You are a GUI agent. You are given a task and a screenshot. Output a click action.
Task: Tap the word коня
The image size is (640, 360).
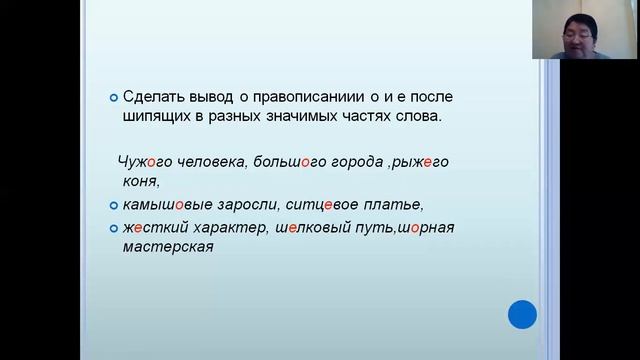pyautogui.click(x=138, y=181)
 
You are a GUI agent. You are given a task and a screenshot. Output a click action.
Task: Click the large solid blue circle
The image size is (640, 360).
pyautogui.click(x=522, y=314)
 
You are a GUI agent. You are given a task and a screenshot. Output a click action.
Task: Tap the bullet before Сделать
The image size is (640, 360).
pyautogui.click(x=113, y=98)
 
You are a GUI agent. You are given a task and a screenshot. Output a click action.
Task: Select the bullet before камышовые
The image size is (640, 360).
pyautogui.click(x=113, y=205)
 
